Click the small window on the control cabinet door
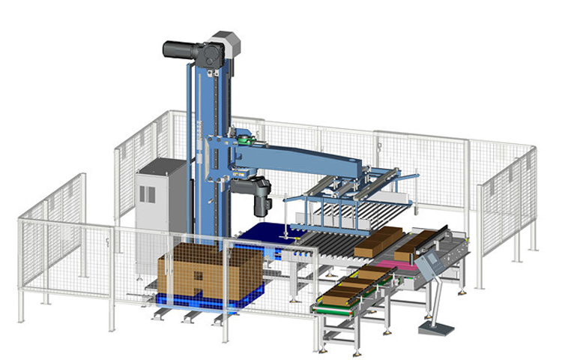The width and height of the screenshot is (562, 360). [x=148, y=193]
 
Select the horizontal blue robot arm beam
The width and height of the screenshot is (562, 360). [x=315, y=158]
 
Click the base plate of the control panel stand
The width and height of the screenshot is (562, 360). [x=437, y=328]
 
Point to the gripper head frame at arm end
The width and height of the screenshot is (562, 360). [x=352, y=199]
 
